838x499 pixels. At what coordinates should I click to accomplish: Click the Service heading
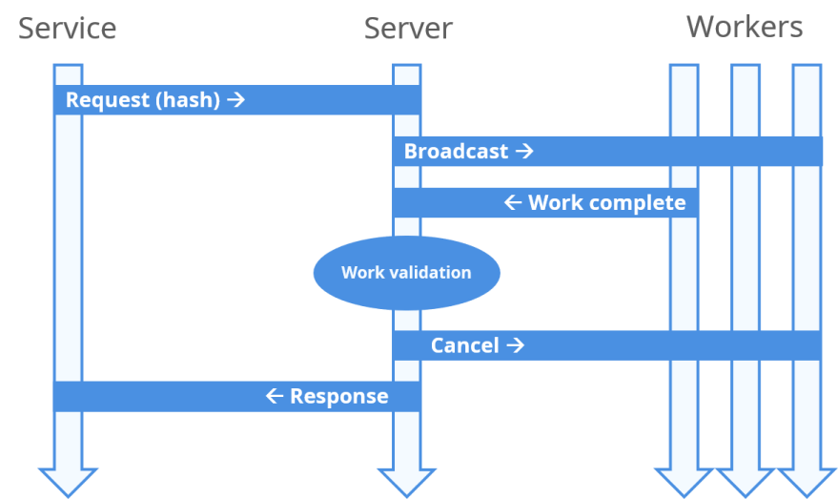tap(68, 29)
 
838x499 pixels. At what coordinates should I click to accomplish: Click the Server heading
tap(408, 29)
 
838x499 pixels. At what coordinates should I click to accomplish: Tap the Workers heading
tap(745, 27)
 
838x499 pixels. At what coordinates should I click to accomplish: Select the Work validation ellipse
tap(406, 273)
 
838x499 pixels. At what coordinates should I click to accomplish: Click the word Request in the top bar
tap(107, 100)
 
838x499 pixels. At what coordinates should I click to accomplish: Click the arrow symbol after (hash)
tap(236, 99)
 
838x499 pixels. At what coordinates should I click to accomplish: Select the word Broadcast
tap(456, 151)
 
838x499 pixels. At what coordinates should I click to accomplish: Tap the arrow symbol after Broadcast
tap(523, 151)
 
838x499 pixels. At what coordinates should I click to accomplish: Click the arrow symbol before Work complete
tap(513, 202)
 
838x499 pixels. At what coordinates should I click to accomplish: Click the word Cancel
tap(464, 345)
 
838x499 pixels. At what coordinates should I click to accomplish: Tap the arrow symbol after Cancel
tap(515, 345)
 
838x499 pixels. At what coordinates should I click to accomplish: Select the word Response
tap(338, 396)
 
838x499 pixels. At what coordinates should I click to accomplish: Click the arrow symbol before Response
tap(275, 396)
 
